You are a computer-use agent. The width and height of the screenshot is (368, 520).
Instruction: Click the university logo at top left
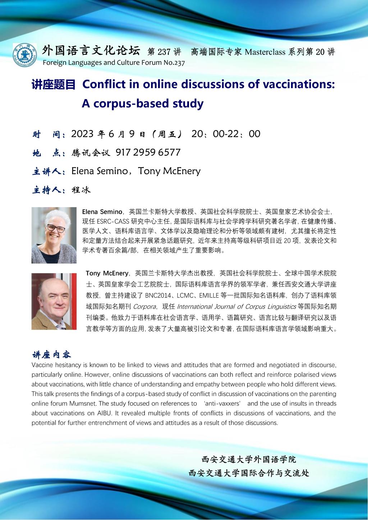(24, 55)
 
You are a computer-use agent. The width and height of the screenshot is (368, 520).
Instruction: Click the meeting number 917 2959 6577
(148, 152)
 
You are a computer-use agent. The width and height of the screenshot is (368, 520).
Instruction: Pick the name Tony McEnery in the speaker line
(169, 171)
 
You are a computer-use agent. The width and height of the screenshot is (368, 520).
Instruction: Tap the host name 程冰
(81, 190)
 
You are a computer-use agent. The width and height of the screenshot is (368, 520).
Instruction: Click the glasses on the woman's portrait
(55, 228)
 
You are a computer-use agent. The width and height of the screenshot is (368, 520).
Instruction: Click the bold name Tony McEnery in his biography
(107, 274)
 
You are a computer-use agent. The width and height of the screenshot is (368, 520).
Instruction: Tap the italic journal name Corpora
(144, 307)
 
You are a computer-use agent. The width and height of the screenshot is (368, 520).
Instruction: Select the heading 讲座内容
(52, 355)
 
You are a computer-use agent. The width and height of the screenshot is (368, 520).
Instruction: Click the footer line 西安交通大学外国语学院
(249, 459)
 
